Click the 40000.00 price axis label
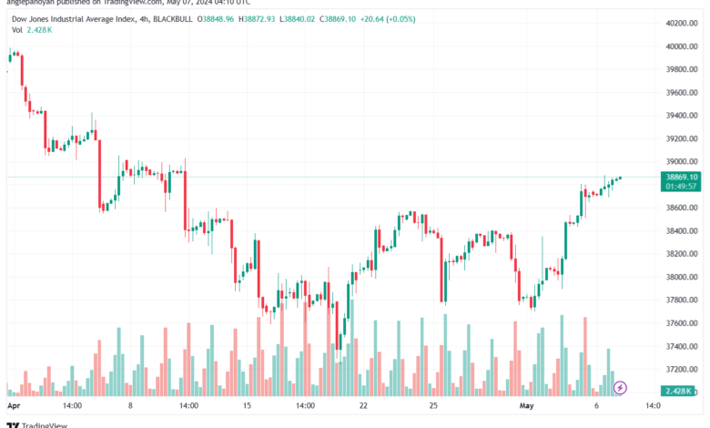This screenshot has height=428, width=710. pos(680,46)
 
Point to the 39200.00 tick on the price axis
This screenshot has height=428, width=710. pos(680,138)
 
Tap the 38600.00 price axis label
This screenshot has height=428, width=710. pos(680,208)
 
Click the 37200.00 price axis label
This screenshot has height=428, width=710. pos(680,369)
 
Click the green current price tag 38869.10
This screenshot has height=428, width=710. pos(682,177)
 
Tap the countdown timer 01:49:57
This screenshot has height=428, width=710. pos(682,186)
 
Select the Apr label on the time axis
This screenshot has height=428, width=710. pos(13,405)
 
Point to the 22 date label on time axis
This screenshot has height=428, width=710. pos(364,405)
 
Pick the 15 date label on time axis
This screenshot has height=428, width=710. pos(246,405)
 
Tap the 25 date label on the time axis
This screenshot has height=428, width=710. pos(434,405)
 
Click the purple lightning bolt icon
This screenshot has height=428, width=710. pos(621,387)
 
